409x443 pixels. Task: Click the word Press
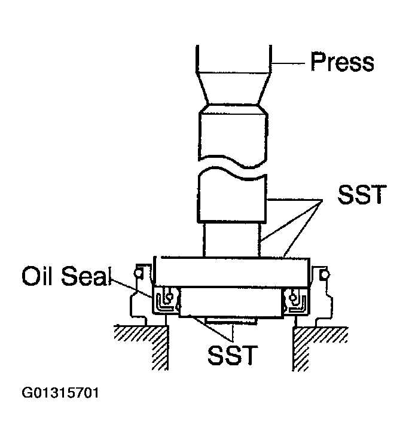[x=342, y=62]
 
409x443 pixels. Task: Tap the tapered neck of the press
[x=233, y=87]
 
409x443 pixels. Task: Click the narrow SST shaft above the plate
[x=232, y=239]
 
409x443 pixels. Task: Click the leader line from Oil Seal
[x=132, y=286]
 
